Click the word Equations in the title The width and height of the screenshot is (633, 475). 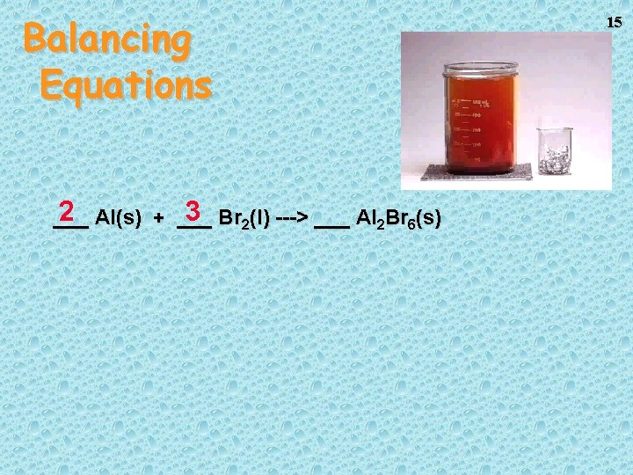click(126, 84)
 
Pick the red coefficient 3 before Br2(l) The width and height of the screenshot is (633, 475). click(194, 212)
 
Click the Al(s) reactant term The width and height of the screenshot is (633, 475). click(118, 217)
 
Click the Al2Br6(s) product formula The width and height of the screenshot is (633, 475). click(399, 218)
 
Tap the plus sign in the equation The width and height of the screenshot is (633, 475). click(158, 218)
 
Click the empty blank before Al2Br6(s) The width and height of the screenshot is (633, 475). click(331, 223)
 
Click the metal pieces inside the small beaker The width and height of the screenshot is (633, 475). click(554, 161)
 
